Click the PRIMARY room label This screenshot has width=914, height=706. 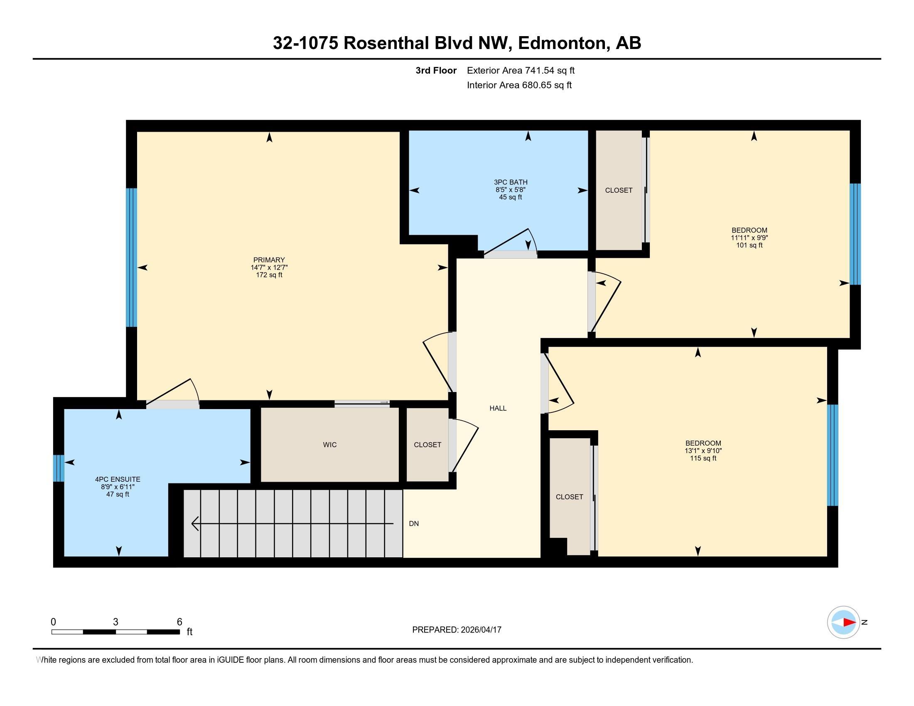(x=269, y=260)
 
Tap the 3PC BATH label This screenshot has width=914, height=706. (x=510, y=182)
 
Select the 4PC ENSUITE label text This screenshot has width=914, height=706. (x=118, y=479)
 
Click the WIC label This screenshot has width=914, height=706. (x=329, y=445)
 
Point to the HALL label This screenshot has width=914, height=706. (x=498, y=408)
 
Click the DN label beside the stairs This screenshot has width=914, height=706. (x=413, y=524)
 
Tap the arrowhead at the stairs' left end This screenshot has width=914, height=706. (x=195, y=524)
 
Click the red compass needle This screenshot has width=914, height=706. (x=849, y=623)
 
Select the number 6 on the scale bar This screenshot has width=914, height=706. (x=179, y=622)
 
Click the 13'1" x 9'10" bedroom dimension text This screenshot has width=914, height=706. (x=703, y=451)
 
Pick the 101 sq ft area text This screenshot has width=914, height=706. (x=749, y=245)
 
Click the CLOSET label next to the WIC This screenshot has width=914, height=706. (x=427, y=445)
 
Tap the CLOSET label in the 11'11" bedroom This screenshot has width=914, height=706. (x=619, y=190)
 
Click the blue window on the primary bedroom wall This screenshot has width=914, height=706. (x=131, y=257)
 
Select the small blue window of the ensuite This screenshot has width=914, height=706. (x=59, y=468)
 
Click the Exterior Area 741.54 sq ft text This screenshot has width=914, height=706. (x=520, y=71)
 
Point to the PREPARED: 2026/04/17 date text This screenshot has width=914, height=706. (x=457, y=630)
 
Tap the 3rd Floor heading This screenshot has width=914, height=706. (x=436, y=71)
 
